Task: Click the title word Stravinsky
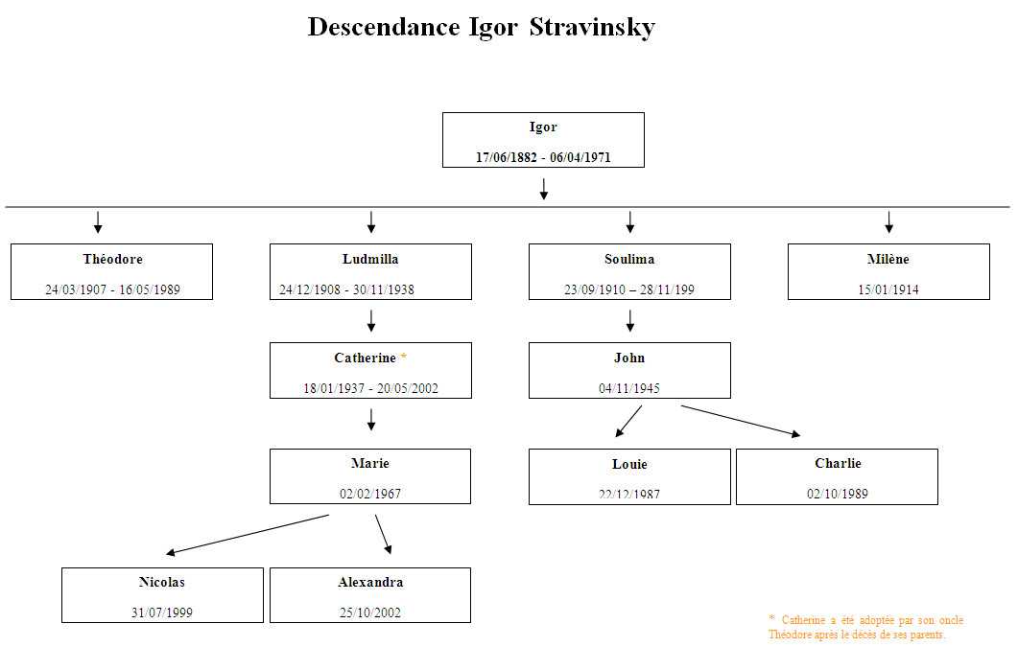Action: [592, 27]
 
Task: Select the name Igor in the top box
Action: [543, 127]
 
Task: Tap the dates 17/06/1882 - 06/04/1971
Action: [543, 158]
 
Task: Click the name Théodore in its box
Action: [112, 259]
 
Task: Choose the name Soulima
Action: [629, 259]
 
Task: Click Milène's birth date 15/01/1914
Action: [888, 289]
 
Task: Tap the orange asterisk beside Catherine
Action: [404, 358]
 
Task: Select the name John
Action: [629, 358]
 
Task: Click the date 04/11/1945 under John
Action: [629, 388]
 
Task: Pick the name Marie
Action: [370, 463]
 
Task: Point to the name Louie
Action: [629, 464]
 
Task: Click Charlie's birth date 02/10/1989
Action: [837, 494]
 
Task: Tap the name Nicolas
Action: [162, 582]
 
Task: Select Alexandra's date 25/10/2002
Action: [370, 612]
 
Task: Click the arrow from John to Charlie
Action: [740, 421]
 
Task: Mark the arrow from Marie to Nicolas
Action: [248, 535]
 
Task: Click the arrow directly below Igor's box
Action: [544, 189]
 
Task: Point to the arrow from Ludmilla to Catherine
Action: [371, 320]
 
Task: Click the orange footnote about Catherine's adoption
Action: [865, 627]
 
